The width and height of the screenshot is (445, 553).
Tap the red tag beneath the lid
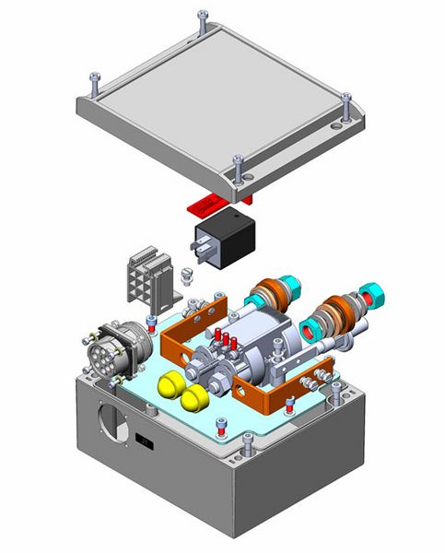(x=205, y=201)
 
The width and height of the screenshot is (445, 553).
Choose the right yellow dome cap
(x=194, y=398)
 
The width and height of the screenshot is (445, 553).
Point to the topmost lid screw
(x=201, y=18)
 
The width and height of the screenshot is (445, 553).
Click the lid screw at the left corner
(x=95, y=84)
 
